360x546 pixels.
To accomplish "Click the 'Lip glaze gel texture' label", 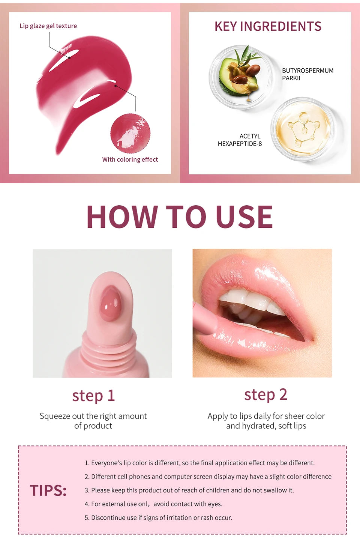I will click(x=48, y=26).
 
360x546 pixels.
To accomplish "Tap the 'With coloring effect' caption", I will click(x=130, y=159).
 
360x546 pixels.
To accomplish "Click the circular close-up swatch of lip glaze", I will click(x=130, y=134).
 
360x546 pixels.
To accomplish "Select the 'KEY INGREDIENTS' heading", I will click(x=268, y=26).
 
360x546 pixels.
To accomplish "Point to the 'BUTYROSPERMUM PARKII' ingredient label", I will click(x=307, y=74).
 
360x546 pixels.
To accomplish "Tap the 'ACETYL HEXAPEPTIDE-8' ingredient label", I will click(x=240, y=140).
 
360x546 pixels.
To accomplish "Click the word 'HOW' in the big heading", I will click(x=122, y=217).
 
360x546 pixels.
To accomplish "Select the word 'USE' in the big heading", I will click(x=244, y=217).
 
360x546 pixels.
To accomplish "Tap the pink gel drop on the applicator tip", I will click(x=111, y=303).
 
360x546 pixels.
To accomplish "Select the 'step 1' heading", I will click(x=93, y=396).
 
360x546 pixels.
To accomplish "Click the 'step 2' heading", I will click(x=265, y=395).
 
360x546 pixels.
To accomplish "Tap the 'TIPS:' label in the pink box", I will click(x=48, y=490).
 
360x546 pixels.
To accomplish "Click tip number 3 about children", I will click(x=189, y=490).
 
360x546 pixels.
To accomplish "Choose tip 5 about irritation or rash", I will click(x=158, y=517).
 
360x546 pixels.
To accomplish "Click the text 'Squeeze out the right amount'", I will click(x=93, y=416).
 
